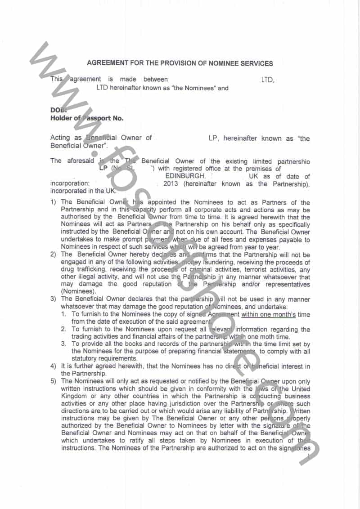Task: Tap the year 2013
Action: pos(171,184)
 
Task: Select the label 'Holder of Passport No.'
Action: pos(87,119)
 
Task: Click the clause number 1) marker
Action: pos(53,203)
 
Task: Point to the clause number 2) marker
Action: pos(53,254)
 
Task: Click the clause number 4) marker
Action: pos(53,366)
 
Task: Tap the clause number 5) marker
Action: pos(53,381)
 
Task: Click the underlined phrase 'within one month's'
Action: pos(268,314)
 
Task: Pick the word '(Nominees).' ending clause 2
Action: pos(78,291)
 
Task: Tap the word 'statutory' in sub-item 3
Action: pos(86,359)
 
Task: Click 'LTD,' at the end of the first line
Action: pos(268,80)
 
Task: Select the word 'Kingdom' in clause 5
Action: pos(75,396)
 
